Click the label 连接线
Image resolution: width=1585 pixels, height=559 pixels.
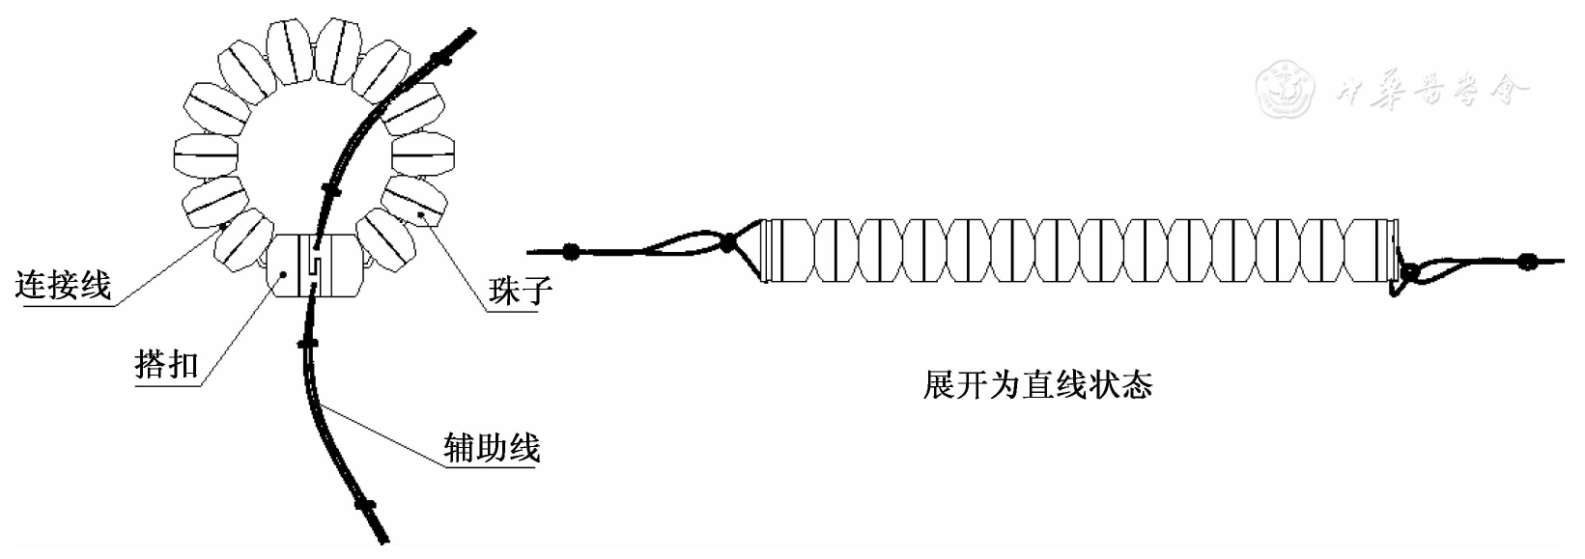click(x=64, y=285)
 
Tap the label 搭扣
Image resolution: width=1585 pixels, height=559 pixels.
click(x=166, y=365)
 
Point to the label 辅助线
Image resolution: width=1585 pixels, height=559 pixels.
click(x=490, y=447)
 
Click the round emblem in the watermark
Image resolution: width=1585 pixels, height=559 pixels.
click(x=1286, y=88)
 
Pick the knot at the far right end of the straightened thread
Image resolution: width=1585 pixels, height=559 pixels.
click(x=1526, y=261)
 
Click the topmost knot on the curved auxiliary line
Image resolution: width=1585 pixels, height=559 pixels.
click(x=441, y=60)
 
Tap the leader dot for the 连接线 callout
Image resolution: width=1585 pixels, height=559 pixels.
click(x=222, y=226)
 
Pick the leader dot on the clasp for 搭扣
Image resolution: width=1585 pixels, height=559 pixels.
click(x=282, y=274)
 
